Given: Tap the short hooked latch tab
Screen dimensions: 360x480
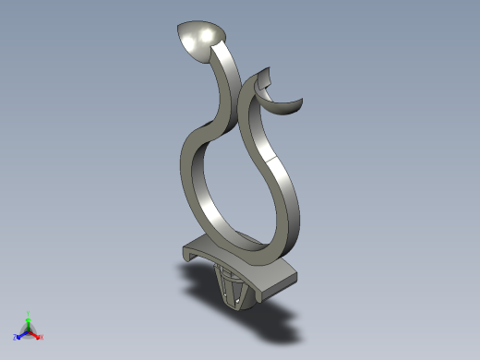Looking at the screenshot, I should pos(265,81).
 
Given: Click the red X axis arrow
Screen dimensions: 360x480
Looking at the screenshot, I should pos(37,335).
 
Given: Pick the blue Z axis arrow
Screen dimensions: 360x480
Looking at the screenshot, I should pos(20,335).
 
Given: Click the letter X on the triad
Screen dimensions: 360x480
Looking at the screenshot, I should pos(42,338).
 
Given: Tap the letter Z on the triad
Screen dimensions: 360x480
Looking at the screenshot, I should pos(15,338).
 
